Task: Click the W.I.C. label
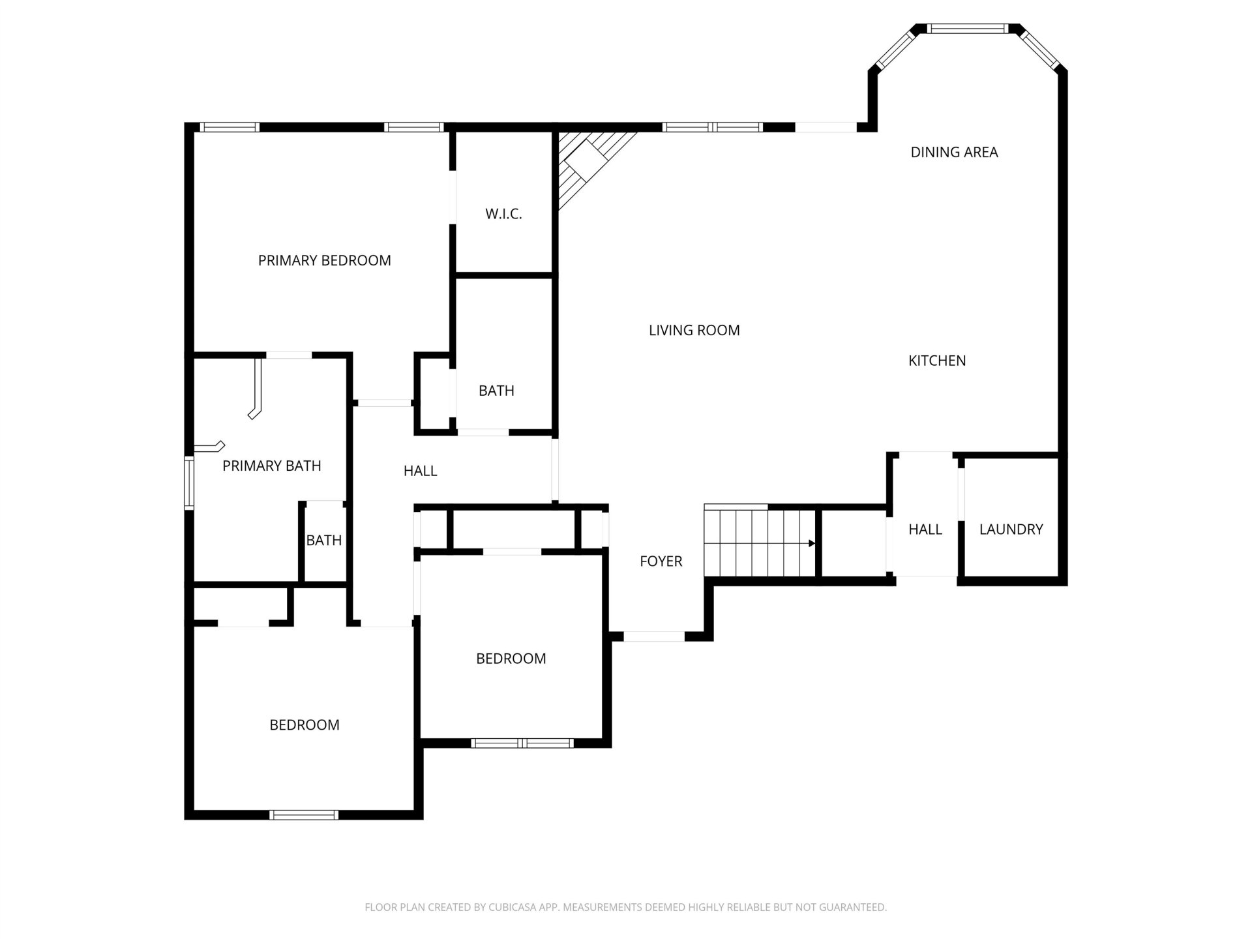[503, 214]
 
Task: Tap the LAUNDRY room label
[1011, 529]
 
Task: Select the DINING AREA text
[954, 153]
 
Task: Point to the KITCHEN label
[937, 361]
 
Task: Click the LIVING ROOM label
[694, 331]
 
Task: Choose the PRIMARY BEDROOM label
[325, 261]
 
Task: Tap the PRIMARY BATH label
[272, 466]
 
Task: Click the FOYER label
[661, 561]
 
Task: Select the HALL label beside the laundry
[925, 529]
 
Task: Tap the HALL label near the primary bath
[420, 471]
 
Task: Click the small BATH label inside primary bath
[324, 541]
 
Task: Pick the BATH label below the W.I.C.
[496, 391]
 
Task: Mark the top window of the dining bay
[968, 29]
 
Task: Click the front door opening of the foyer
[654, 636]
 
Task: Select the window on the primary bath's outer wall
[189, 483]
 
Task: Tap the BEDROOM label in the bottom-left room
[305, 725]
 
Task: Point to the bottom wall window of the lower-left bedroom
[304, 814]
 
